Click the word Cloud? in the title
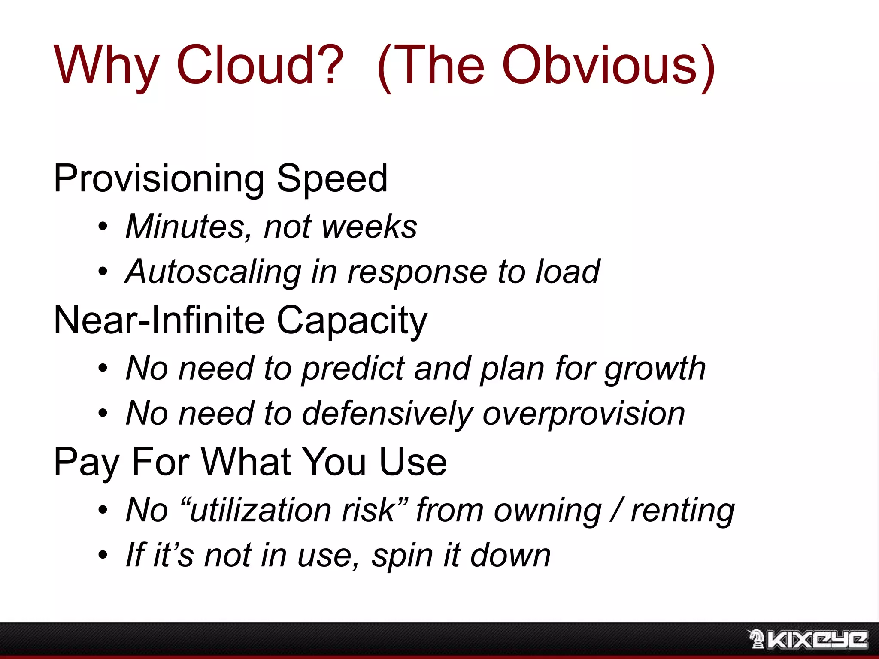click(260, 65)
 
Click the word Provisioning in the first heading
click(159, 179)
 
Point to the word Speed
click(332, 179)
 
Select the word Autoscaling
click(213, 272)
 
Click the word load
click(567, 272)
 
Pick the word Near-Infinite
click(159, 320)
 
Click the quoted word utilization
click(258, 511)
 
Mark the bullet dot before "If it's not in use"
click(103, 555)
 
